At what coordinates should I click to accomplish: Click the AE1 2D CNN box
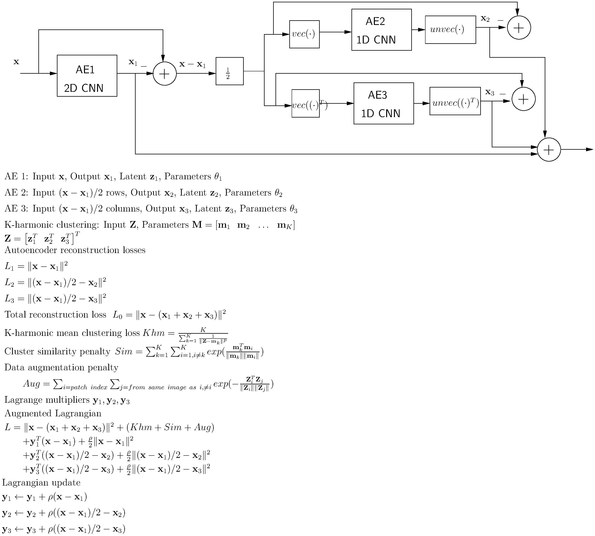coord(87,76)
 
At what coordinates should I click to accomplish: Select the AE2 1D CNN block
coord(381,30)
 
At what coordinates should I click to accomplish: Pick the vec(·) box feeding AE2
coord(304,34)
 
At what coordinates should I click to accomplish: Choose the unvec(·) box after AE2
coord(450,30)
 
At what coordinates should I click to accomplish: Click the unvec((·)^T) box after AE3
coord(455,101)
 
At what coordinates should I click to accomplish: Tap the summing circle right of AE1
coord(165,74)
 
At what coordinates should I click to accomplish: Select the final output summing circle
coord(549,150)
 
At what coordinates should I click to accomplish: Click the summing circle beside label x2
coord(519,28)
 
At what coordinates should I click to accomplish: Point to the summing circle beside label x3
coord(523,99)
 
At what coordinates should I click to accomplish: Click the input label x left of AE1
coord(16,62)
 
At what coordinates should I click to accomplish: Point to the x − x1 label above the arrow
coord(192,64)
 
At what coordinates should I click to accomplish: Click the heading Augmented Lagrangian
coord(53,413)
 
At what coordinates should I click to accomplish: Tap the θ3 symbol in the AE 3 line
coord(293,209)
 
